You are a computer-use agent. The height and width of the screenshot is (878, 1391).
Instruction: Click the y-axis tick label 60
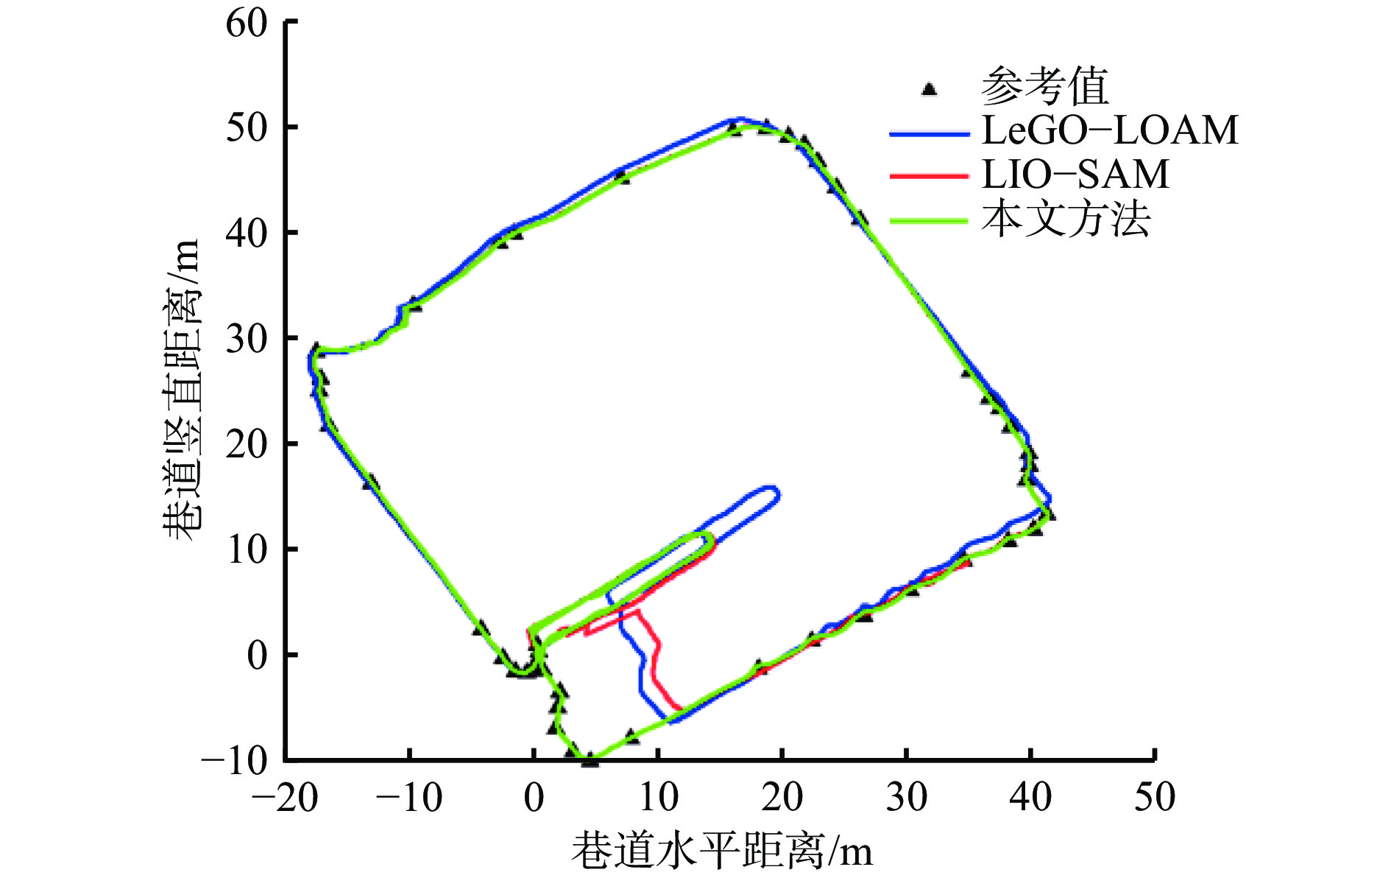(x=247, y=24)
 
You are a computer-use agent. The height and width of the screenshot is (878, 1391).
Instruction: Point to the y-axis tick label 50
(x=247, y=128)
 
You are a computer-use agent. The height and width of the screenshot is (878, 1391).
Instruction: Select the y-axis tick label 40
(x=247, y=233)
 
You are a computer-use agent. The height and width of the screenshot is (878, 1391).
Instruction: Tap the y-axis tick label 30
(x=247, y=339)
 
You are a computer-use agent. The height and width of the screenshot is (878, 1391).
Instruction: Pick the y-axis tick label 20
(x=247, y=444)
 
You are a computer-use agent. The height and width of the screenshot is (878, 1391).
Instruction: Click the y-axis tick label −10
(x=236, y=760)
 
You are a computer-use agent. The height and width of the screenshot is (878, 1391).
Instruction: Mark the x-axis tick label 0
(x=534, y=798)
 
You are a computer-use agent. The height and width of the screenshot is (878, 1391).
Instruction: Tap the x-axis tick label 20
(x=782, y=798)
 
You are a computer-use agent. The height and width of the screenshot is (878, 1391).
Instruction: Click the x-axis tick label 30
(x=906, y=798)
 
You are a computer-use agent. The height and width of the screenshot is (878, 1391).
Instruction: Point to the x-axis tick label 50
(x=1154, y=798)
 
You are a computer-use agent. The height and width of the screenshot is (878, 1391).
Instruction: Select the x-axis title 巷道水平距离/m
(x=722, y=851)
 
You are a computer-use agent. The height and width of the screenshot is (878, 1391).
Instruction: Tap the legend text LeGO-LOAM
(x=1110, y=130)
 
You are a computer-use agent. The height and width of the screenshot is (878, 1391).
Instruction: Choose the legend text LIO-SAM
(x=1075, y=175)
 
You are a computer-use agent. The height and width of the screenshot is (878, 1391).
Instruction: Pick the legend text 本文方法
(x=1065, y=219)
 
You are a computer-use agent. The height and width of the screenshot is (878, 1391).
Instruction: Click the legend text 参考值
(x=1044, y=87)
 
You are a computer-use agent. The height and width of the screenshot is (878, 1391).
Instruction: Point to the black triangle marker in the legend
(x=929, y=89)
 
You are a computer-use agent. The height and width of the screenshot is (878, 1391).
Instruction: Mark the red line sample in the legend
(x=928, y=176)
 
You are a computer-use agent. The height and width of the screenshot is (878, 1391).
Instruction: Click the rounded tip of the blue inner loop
(x=776, y=495)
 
